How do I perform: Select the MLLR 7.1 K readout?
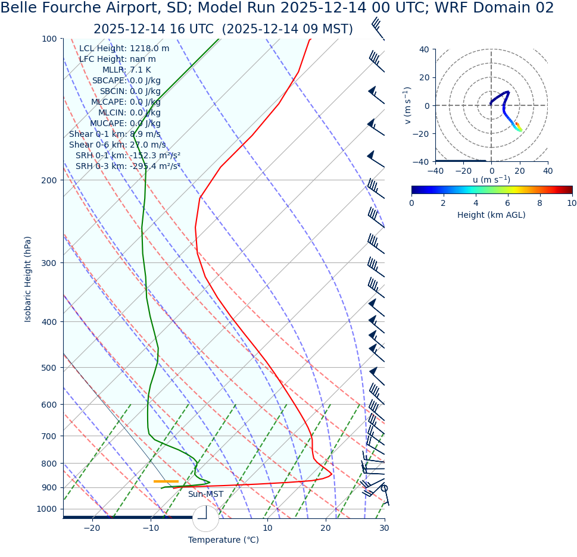click(126, 70)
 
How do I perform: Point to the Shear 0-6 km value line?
click(117, 145)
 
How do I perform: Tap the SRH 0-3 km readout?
click(127, 167)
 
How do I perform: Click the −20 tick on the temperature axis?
click(92, 528)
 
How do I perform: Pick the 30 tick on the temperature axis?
click(384, 528)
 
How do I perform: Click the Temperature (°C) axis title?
click(223, 540)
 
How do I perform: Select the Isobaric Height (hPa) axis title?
click(28, 279)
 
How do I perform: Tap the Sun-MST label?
click(205, 495)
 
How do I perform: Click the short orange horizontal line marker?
click(166, 481)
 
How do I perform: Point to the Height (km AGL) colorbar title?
click(491, 215)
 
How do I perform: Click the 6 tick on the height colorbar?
click(508, 204)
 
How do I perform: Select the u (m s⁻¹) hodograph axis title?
click(491, 180)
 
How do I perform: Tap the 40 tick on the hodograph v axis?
click(424, 49)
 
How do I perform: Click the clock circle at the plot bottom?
click(205, 518)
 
